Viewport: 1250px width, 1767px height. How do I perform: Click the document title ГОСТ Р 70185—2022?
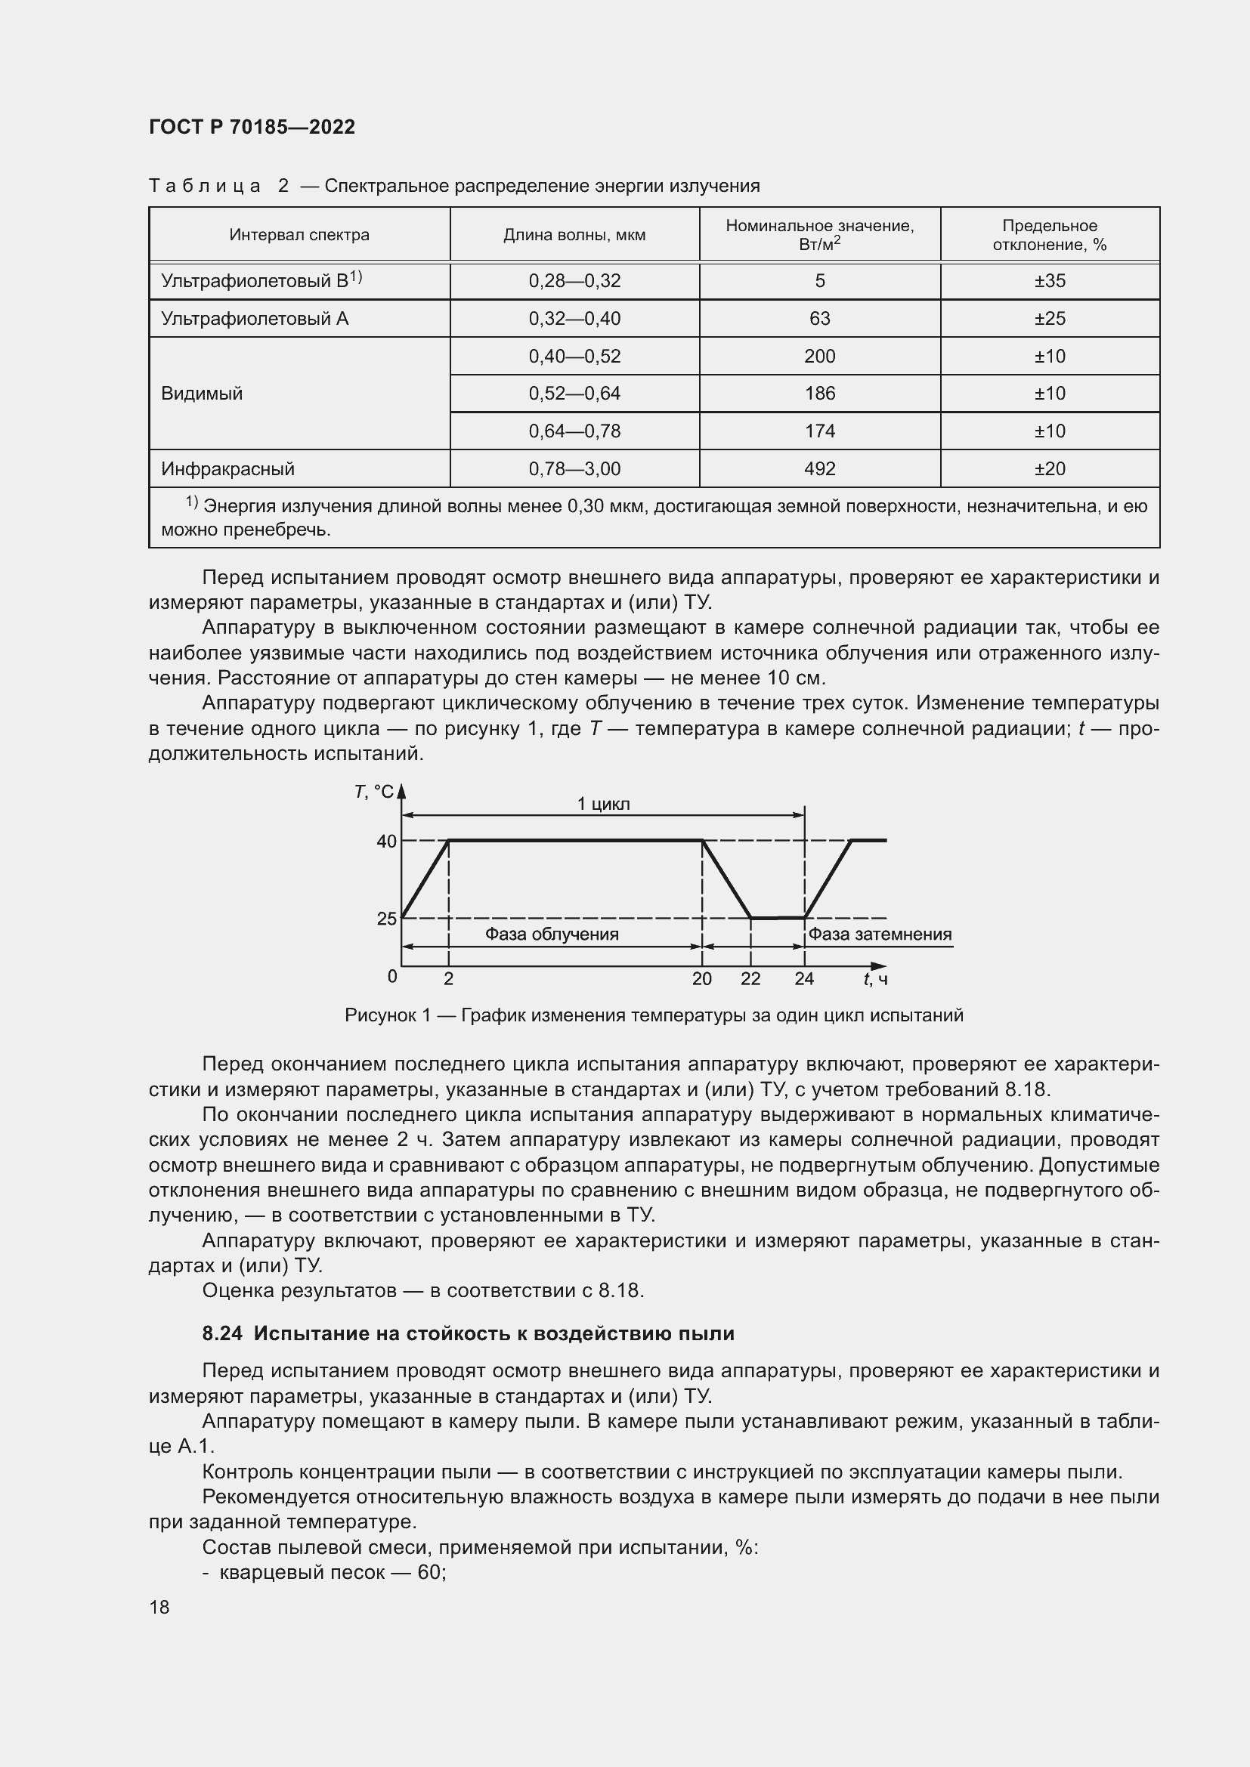pos(252,127)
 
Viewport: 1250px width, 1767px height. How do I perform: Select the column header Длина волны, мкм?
pos(574,235)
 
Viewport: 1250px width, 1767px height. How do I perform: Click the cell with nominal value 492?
pos(819,468)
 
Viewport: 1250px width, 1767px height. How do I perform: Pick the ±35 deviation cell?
pos(1049,281)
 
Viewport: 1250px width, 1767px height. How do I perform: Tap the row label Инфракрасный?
pos(227,468)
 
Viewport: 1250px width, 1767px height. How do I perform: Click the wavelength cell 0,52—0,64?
pos(574,394)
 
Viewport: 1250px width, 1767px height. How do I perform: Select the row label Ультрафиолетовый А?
pos(255,319)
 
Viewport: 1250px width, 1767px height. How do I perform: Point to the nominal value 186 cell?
pos(819,394)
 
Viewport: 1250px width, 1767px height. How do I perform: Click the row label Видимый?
pos(202,394)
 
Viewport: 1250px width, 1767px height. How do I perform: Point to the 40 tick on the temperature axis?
pos(386,841)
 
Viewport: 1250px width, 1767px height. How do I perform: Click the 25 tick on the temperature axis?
pos(386,918)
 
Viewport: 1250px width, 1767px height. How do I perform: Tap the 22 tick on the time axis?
pos(750,979)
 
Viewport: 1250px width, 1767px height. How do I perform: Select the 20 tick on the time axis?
pos(701,979)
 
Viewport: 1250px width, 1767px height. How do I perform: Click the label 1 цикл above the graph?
pos(603,805)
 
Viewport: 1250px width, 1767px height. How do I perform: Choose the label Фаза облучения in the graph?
pos(551,934)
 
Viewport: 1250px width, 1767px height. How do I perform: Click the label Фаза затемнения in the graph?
pos(879,934)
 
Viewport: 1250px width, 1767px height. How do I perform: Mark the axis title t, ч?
pos(875,979)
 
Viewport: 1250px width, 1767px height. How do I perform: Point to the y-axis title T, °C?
pos(374,792)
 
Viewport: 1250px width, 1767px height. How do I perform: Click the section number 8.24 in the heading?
pos(221,1333)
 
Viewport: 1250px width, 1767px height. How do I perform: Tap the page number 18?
pos(159,1607)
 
